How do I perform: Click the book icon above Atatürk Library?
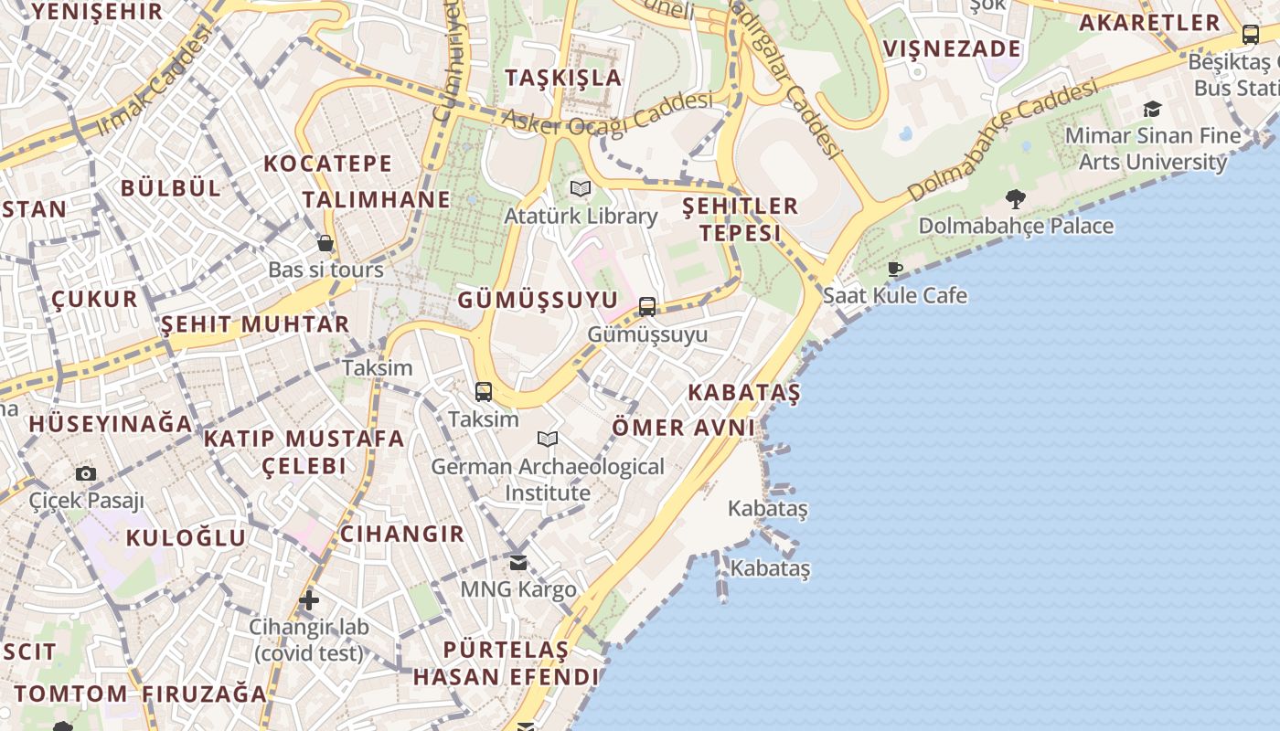click(581, 189)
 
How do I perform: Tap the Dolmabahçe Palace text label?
click(1016, 226)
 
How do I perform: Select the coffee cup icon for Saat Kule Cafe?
click(895, 269)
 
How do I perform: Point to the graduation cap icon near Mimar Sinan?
click(1152, 110)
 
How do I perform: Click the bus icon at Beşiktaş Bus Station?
click(1250, 35)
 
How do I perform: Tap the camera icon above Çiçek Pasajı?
click(86, 473)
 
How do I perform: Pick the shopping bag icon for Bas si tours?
click(325, 243)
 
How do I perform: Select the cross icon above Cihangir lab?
click(309, 600)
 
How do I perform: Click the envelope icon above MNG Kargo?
click(518, 562)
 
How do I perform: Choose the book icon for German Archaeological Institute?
click(548, 440)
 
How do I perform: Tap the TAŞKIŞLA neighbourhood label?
click(563, 77)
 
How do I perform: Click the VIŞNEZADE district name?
click(952, 48)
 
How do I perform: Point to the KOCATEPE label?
click(327, 164)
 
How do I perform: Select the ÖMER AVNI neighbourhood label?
click(683, 427)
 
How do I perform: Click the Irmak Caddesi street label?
click(154, 81)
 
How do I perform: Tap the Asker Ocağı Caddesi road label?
click(607, 117)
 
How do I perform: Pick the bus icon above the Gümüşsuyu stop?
click(647, 307)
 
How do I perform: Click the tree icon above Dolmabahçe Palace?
click(1015, 198)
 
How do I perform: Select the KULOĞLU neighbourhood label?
click(186, 537)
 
